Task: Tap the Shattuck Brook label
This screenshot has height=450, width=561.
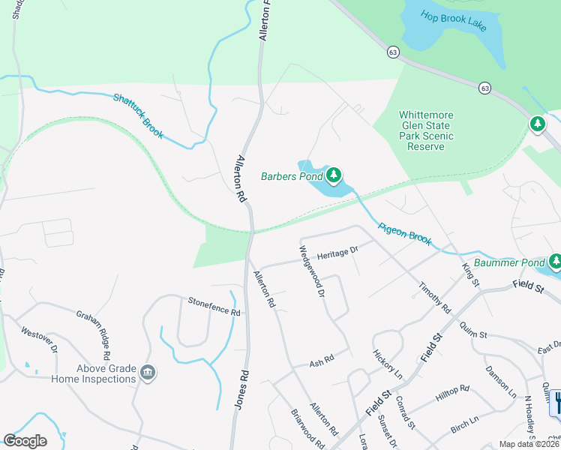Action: click(138, 115)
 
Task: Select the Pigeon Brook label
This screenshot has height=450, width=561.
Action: click(405, 233)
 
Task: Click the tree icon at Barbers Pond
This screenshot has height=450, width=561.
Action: click(334, 176)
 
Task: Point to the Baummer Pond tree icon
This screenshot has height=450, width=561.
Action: click(556, 262)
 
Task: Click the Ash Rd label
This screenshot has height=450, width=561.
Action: click(321, 363)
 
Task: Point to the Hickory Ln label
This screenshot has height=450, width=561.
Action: click(388, 364)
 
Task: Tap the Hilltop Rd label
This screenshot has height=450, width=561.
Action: click(454, 391)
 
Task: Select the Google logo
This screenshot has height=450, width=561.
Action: click(25, 441)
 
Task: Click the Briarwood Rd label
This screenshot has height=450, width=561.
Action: click(308, 430)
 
